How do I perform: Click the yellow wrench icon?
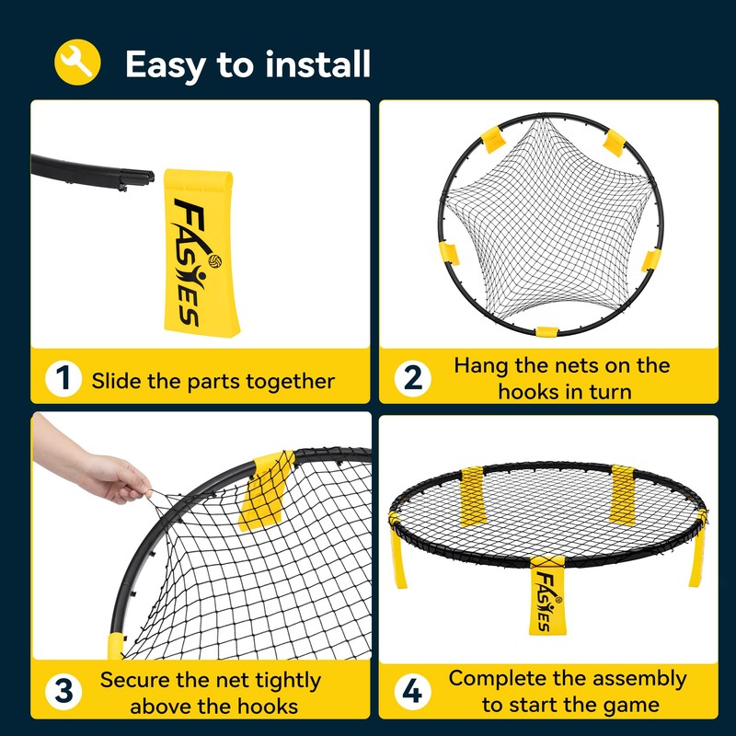pyautogui.click(x=77, y=63)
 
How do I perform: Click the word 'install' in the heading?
pyautogui.click(x=317, y=63)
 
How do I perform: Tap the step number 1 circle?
pyautogui.click(x=63, y=378)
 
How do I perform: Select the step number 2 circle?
pyautogui.click(x=412, y=378)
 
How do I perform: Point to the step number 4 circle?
pyautogui.click(x=412, y=692)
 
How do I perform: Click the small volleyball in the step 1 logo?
pyautogui.click(x=215, y=261)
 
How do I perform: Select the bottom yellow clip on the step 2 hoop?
pyautogui.click(x=547, y=332)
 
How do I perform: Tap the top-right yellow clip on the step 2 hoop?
pyautogui.click(x=614, y=143)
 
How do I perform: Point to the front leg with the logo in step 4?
pyautogui.click(x=547, y=595)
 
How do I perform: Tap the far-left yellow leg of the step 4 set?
pyautogui.click(x=397, y=549)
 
